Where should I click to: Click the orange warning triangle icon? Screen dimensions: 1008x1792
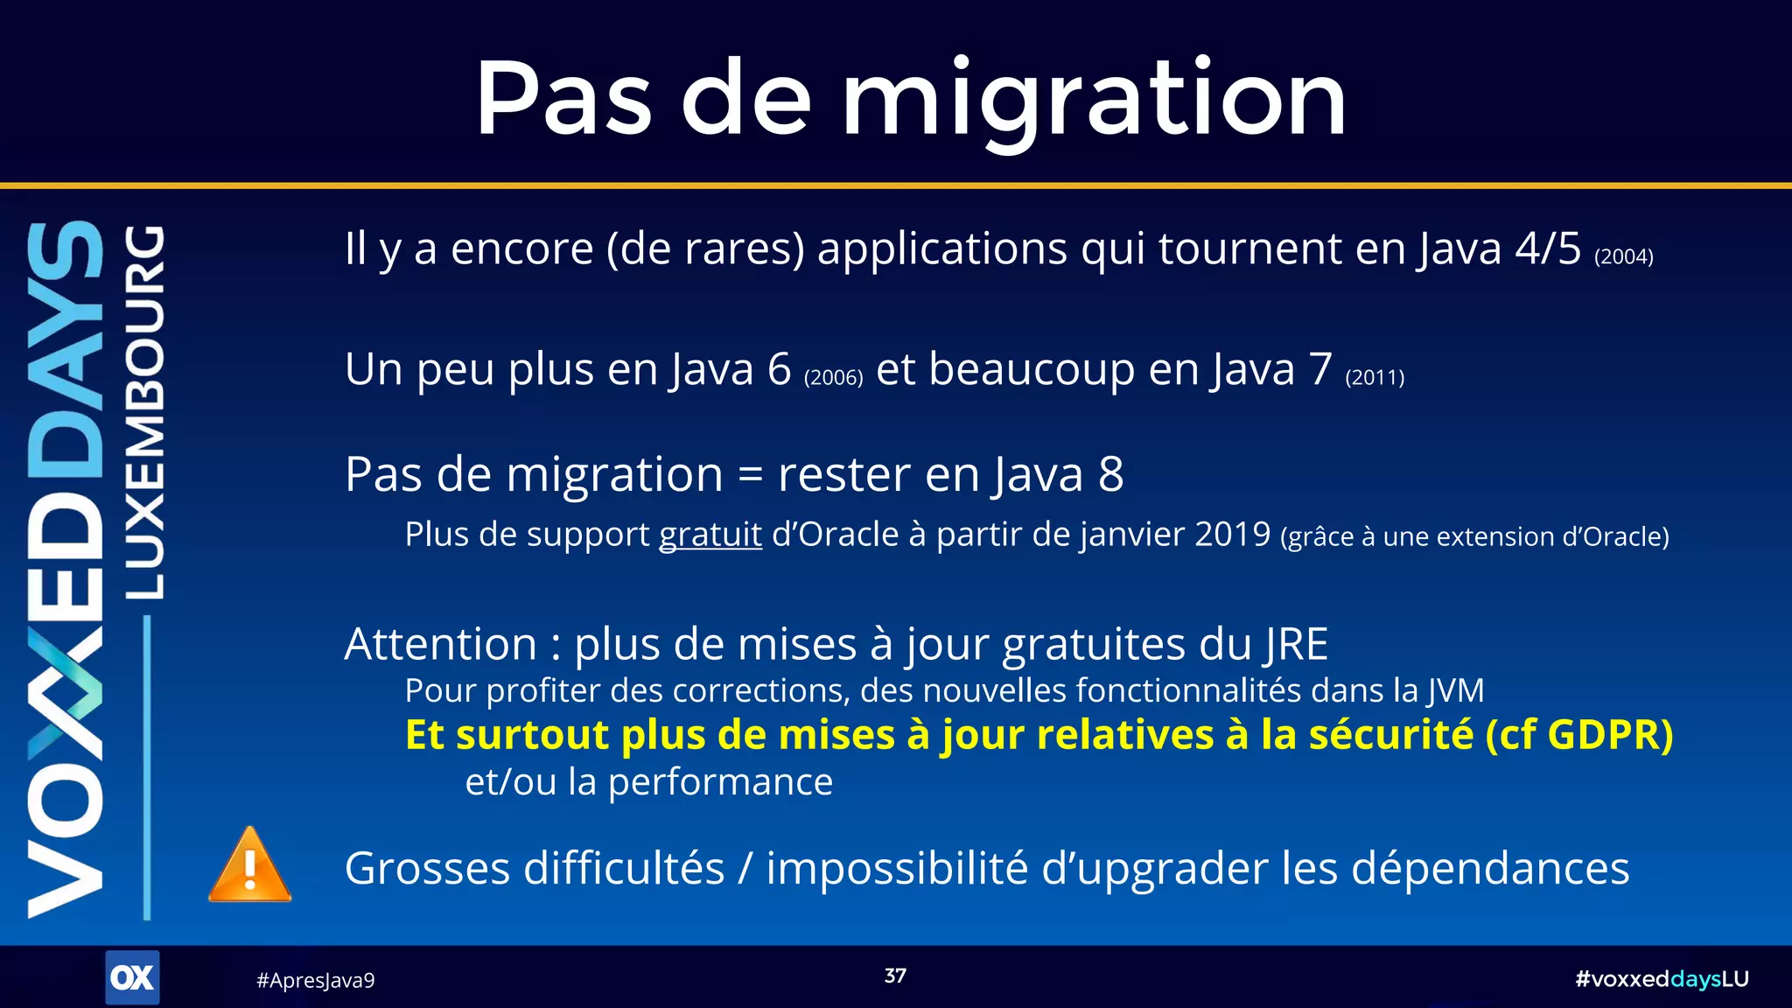(x=249, y=867)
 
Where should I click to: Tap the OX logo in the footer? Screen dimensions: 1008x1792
(x=132, y=977)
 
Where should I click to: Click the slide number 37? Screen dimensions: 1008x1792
(x=895, y=976)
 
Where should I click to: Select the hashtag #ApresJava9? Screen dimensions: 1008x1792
(x=315, y=980)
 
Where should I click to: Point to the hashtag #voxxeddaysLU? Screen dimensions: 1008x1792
(x=1662, y=979)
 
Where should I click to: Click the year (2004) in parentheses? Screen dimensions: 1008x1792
(x=1624, y=256)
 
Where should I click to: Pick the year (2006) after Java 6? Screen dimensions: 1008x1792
(x=833, y=377)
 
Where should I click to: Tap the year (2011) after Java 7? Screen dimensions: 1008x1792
(x=1375, y=377)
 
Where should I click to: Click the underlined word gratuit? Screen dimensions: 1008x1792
(x=710, y=535)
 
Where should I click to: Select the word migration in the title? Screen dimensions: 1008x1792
(x=1094, y=101)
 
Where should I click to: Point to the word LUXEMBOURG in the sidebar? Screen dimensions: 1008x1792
(x=144, y=412)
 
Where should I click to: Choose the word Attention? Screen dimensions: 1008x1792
(x=441, y=645)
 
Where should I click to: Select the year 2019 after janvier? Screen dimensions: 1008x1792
(x=1232, y=535)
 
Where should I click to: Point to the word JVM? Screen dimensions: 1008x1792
(x=1456, y=691)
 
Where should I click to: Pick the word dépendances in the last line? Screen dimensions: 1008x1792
(x=1490, y=869)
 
